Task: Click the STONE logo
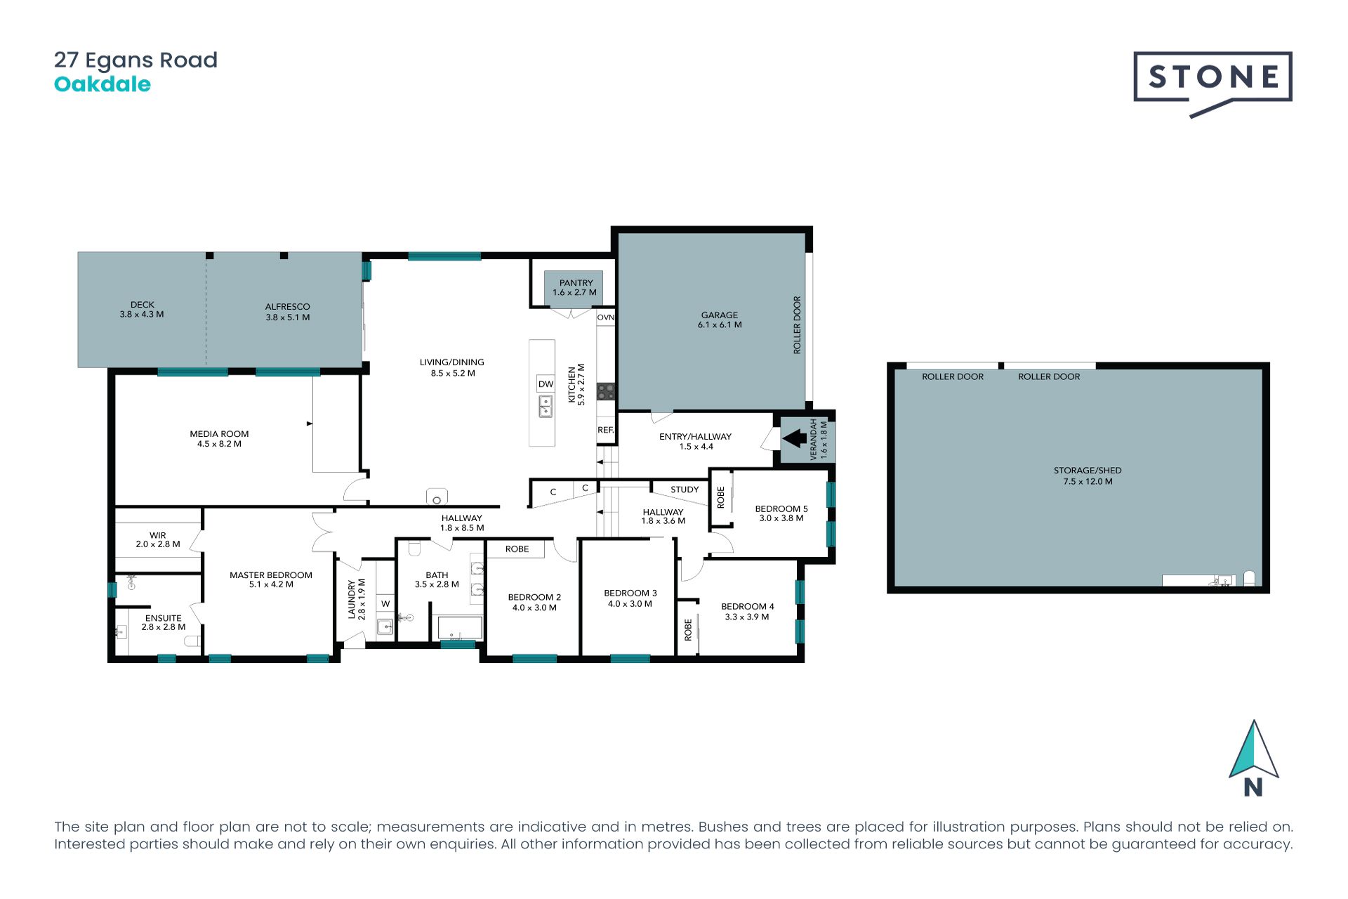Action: pyautogui.click(x=1212, y=83)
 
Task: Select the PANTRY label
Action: pyautogui.click(x=576, y=283)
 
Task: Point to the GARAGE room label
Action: pyautogui.click(x=720, y=315)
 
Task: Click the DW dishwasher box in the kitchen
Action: pyautogui.click(x=546, y=384)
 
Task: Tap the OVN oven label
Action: pyautogui.click(x=606, y=317)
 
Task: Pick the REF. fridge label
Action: pyautogui.click(x=606, y=430)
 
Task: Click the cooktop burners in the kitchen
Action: pyautogui.click(x=607, y=392)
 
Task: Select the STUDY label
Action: pyautogui.click(x=685, y=490)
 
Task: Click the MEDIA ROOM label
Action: pyautogui.click(x=219, y=434)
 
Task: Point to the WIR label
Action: pyautogui.click(x=157, y=535)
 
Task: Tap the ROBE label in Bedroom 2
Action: pyautogui.click(x=517, y=549)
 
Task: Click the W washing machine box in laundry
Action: pyautogui.click(x=385, y=603)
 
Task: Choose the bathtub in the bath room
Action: pyautogui.click(x=460, y=628)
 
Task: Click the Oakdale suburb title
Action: pyautogui.click(x=103, y=84)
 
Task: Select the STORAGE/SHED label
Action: pyautogui.click(x=1088, y=471)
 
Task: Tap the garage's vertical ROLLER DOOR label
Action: pyautogui.click(x=797, y=324)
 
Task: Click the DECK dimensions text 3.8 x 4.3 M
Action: pyautogui.click(x=142, y=315)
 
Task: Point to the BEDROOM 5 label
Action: pyautogui.click(x=781, y=509)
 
